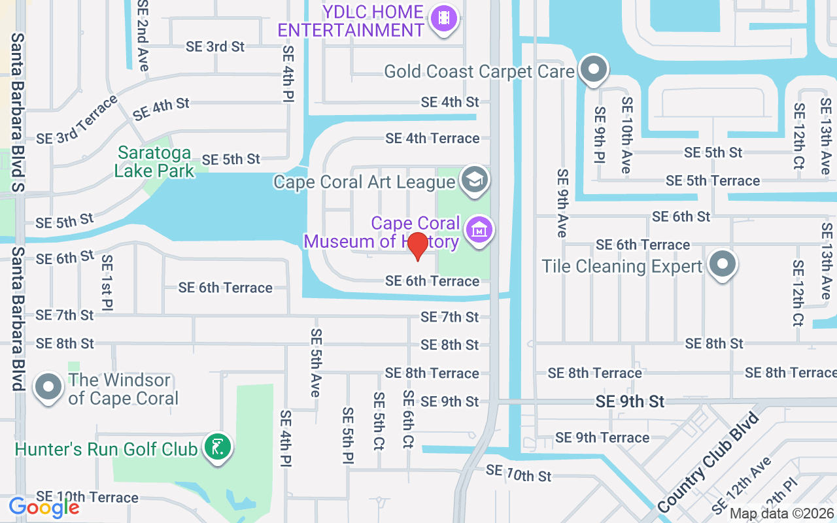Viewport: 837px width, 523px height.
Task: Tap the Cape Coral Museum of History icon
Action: coord(479,230)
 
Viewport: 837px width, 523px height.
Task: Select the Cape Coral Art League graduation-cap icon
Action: coord(474,179)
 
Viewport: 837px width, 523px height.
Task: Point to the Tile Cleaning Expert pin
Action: coord(722,265)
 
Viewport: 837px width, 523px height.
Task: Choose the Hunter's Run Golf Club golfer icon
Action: coord(218,448)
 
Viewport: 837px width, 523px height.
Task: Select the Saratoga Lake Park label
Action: coord(154,162)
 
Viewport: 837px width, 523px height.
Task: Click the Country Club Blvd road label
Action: coord(709,462)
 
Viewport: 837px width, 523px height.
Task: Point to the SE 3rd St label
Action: coord(215,46)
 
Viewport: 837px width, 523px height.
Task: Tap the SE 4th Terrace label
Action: coord(432,138)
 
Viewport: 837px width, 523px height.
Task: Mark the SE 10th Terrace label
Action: coord(87,498)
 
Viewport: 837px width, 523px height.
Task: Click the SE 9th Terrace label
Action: coord(602,437)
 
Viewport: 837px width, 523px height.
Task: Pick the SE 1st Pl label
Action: coord(107,282)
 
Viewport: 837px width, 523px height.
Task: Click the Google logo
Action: coord(44,507)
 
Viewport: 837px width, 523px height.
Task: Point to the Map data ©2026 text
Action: coord(782,514)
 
